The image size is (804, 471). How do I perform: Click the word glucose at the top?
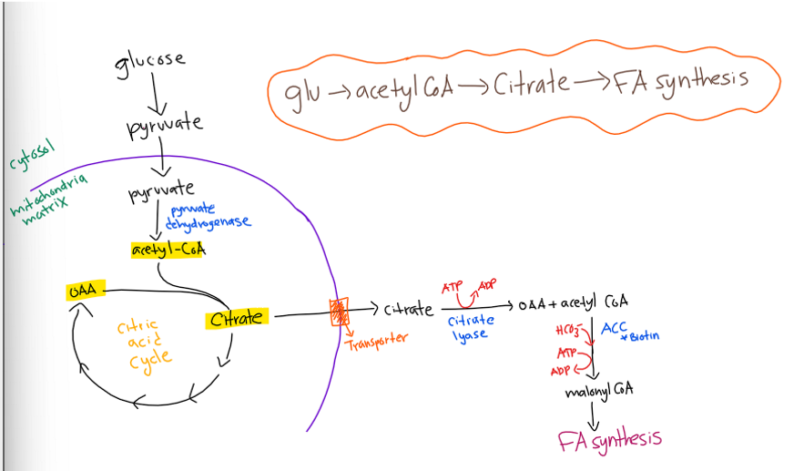pos(149,63)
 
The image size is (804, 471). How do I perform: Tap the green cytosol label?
pos(31,155)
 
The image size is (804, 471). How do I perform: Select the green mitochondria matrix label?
pos(47,199)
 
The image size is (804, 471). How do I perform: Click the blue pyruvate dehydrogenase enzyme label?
pos(208,217)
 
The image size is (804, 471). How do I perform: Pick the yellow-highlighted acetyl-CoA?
pos(168,250)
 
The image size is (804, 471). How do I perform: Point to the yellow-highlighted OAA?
pos(86,291)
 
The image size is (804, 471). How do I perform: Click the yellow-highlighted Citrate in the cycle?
pos(237,319)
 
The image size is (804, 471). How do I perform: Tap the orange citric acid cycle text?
pos(145,343)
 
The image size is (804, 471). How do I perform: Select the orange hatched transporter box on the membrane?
pos(339,312)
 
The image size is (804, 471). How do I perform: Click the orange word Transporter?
pos(377,340)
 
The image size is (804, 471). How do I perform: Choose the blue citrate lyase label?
pos(471,328)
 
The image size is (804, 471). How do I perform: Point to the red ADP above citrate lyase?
pos(487,285)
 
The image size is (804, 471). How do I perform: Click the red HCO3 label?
pos(569,330)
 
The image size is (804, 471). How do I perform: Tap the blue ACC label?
pos(614,328)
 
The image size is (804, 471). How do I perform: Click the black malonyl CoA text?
pos(599,391)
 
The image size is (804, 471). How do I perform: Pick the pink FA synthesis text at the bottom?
pos(610,441)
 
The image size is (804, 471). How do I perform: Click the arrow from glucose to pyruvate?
pos(155,94)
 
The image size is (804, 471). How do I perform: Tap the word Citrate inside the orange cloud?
pos(531,84)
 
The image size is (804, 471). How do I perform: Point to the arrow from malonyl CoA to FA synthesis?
pos(593,416)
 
